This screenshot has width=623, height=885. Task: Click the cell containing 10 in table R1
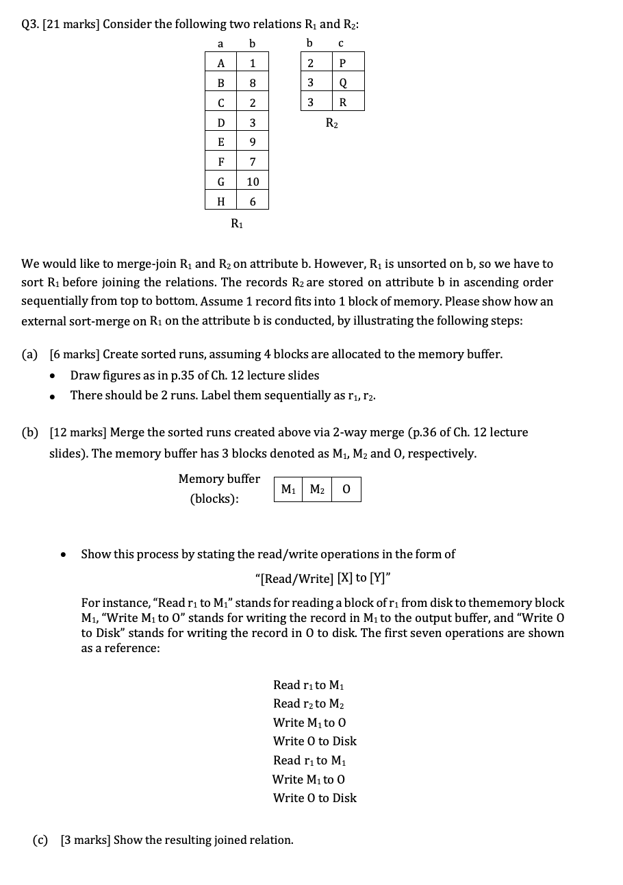point(253,182)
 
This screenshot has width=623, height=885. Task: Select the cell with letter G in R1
point(220,182)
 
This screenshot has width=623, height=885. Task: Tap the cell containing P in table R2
point(342,63)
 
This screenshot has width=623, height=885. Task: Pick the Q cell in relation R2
point(342,83)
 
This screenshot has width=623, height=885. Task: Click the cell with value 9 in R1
point(253,142)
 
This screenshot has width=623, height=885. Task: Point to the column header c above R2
point(341,43)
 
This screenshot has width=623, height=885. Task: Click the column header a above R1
point(220,43)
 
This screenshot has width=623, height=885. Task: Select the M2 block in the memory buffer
point(317,489)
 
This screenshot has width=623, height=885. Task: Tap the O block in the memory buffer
point(346,489)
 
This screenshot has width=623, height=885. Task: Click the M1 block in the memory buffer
point(288,489)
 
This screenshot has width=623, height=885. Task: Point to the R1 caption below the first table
point(236,222)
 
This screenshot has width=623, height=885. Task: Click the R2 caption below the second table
point(331,123)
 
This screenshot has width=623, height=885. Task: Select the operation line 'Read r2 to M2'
point(308,703)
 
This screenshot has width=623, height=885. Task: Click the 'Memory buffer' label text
point(219,479)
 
